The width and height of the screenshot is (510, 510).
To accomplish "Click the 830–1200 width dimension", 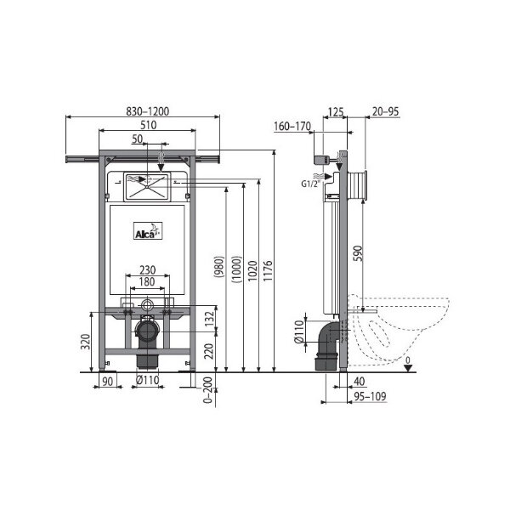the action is click(148, 111).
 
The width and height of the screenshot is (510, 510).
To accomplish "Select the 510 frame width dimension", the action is click(148, 125).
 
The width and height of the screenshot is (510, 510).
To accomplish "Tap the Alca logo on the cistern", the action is click(148, 231).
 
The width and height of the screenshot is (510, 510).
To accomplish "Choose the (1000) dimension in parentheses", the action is click(237, 269).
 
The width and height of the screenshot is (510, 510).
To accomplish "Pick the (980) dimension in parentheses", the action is click(219, 267).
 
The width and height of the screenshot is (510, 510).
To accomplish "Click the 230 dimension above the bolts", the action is click(148, 270).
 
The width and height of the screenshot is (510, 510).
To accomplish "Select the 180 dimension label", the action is click(147, 281).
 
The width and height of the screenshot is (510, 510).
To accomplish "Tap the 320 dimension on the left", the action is click(86, 342).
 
